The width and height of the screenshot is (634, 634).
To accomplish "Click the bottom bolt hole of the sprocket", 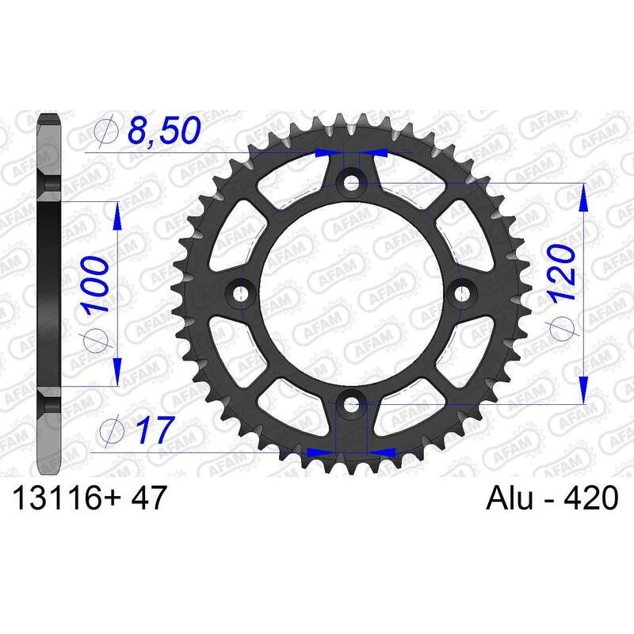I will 350,406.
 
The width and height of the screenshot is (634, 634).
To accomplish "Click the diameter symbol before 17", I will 109,431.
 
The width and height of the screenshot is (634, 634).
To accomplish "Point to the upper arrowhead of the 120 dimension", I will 584,196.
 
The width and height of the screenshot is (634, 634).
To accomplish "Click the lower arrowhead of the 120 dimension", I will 584,393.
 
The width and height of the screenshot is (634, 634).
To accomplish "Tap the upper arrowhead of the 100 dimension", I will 118,213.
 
